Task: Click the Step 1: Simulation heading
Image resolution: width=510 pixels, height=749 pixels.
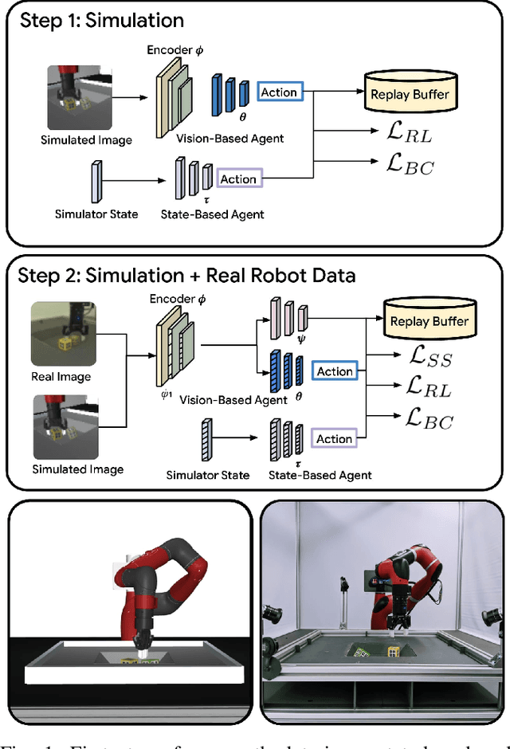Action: coord(101,20)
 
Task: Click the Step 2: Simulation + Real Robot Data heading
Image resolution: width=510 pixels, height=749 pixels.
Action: coord(188,276)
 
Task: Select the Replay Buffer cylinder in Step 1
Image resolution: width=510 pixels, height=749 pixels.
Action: coord(409,93)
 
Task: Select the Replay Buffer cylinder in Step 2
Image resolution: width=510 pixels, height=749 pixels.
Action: coord(429,320)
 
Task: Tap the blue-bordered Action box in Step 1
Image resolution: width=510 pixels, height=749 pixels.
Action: coord(279,92)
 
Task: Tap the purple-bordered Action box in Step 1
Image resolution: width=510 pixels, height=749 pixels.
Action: coord(238,179)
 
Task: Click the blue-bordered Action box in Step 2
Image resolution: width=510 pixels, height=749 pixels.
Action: coord(335,371)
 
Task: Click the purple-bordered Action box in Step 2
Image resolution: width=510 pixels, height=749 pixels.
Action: coord(335,439)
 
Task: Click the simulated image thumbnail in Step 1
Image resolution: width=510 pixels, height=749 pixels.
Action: coord(75,98)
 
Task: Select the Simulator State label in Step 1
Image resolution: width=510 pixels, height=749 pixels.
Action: coord(96,214)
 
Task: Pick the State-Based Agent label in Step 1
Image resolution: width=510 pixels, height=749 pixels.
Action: coord(213,214)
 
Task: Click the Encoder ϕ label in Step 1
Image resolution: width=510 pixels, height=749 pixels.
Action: coord(175,49)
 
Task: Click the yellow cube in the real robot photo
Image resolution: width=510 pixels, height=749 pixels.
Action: coord(392,653)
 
